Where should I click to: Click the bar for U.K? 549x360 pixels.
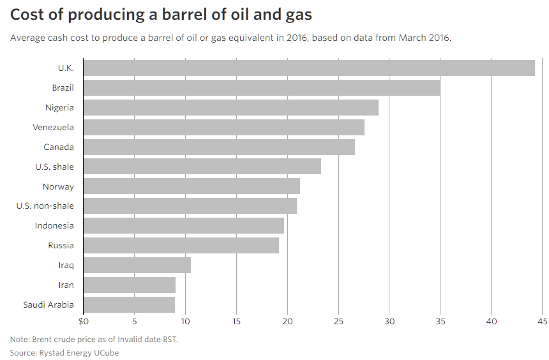coord(309,68)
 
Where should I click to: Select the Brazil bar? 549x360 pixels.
coord(262,87)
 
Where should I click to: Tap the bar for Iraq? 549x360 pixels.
coord(137,265)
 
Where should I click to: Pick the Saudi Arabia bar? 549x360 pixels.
coord(129,304)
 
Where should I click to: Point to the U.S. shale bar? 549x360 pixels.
coord(202,167)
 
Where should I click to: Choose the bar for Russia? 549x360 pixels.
coord(181,245)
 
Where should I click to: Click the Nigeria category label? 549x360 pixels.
coord(59,107)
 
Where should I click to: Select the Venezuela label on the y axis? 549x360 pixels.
coord(53,127)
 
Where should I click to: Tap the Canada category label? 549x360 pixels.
coord(59,147)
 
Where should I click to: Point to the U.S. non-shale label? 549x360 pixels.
coord(45,206)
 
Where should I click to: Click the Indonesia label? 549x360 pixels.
coord(54,225)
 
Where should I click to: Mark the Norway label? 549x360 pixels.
coord(58,186)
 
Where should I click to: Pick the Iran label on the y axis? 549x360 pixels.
coord(66,285)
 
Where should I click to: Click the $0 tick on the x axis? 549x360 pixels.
coord(84,321)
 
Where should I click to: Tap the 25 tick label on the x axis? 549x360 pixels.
coord(338,321)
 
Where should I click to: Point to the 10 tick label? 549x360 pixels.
coord(185,321)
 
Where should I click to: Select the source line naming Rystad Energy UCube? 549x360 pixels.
coord(64,352)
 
